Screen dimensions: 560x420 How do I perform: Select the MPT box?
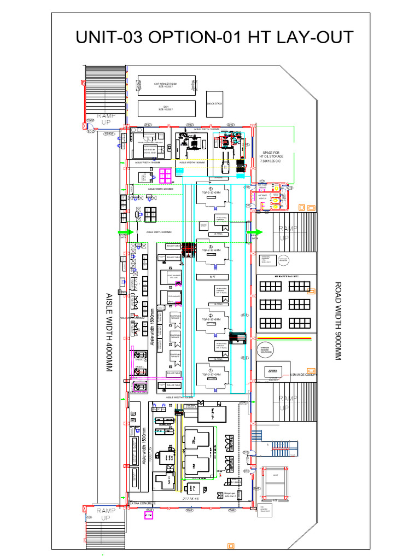pyautogui.click(x=213, y=277)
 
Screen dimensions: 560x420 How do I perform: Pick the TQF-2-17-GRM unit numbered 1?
pyautogui.click(x=211, y=374)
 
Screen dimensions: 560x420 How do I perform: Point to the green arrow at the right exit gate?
pyautogui.click(x=253, y=232)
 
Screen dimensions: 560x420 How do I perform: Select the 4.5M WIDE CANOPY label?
pyautogui.click(x=304, y=375)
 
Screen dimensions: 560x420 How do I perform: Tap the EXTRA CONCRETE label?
pyautogui.click(x=142, y=503)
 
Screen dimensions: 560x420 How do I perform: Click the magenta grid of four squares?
pyautogui.click(x=166, y=174)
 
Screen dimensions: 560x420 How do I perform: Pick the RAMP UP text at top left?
pyautogui.click(x=107, y=119)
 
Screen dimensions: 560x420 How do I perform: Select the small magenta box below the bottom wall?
pyautogui.click(x=148, y=515)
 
